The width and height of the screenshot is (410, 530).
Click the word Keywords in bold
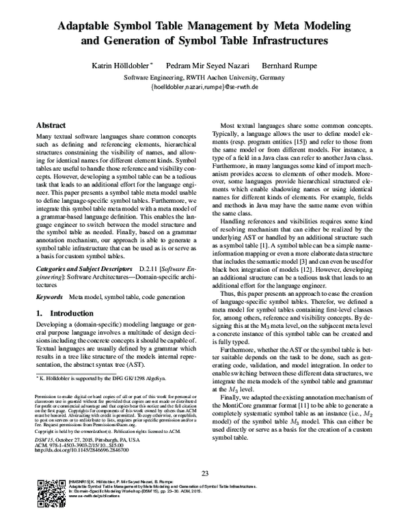point(50,298)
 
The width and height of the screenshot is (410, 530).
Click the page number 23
point(204,474)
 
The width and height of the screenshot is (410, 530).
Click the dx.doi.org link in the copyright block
point(82,451)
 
